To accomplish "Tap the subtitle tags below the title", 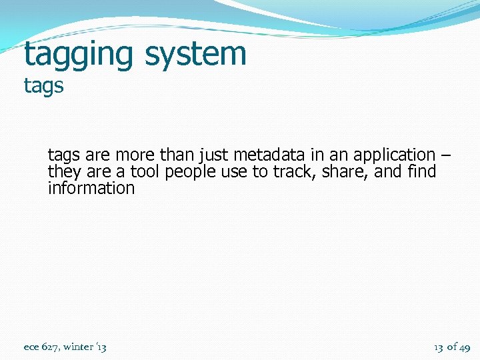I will click(x=43, y=86).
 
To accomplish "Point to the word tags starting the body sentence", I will click(x=63, y=155).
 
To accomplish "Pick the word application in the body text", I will click(x=393, y=155).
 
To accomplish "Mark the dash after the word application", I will click(x=445, y=155).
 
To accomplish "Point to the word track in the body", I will click(x=292, y=172).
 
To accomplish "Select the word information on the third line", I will click(x=91, y=188).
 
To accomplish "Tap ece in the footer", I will click(x=31, y=347).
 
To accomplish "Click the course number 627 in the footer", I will click(x=51, y=347).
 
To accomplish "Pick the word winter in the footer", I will click(x=79, y=347).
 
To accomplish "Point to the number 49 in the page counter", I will click(x=464, y=347).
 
